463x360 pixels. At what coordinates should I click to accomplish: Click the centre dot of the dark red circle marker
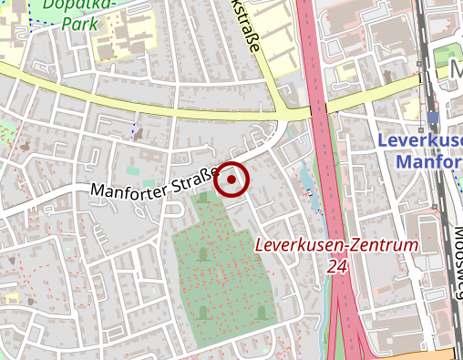[232, 180]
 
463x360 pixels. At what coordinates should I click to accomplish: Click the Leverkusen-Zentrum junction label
[335, 245]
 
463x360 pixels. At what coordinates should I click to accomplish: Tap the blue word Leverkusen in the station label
[419, 140]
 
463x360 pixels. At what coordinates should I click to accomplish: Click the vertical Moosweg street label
[454, 265]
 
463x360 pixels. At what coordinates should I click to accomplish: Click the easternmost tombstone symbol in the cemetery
[262, 312]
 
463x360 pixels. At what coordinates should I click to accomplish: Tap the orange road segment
[428, 354]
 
